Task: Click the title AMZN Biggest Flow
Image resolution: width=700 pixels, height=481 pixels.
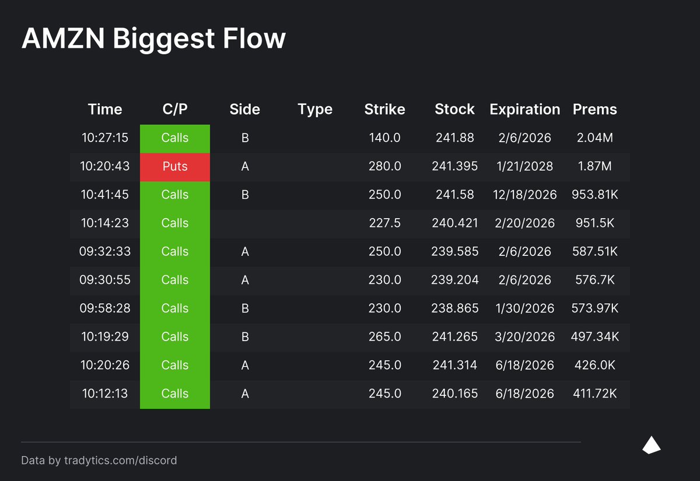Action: click(x=153, y=39)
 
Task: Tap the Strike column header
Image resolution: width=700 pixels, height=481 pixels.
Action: click(x=384, y=110)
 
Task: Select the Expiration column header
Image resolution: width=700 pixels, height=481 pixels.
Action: click(x=524, y=110)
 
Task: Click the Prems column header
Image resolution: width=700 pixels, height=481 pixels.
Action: click(x=594, y=110)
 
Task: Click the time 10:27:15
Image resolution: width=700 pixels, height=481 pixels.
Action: click(x=105, y=138)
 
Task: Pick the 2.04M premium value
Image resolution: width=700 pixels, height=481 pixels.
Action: click(x=594, y=138)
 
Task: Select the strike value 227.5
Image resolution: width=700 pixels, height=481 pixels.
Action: click(x=384, y=223)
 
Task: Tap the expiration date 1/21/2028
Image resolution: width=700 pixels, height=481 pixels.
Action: click(x=524, y=166)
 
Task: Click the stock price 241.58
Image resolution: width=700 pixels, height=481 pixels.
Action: click(x=454, y=195)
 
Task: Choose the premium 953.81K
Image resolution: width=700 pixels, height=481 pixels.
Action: click(x=594, y=195)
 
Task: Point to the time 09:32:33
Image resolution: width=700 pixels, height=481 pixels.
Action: click(x=105, y=251)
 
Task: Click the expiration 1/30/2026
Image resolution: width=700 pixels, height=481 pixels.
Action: click(x=524, y=308)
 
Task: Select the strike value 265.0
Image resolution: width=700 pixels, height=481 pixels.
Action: click(x=384, y=337)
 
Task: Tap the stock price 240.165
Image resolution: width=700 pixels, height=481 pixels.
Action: click(x=454, y=394)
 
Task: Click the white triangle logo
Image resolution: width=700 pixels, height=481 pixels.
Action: click(x=651, y=445)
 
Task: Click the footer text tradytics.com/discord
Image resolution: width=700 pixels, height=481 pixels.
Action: click(x=121, y=461)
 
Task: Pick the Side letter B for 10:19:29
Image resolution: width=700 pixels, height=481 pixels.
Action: click(x=245, y=337)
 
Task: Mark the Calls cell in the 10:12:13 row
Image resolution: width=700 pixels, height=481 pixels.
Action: click(x=175, y=394)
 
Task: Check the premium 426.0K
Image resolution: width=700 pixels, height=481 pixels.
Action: click(x=594, y=365)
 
